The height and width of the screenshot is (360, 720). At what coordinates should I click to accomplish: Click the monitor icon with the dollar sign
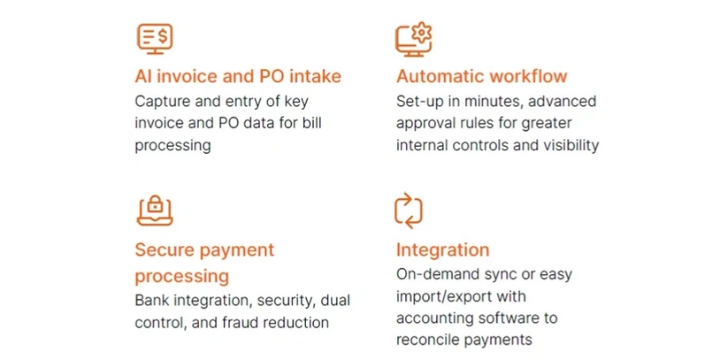point(155,39)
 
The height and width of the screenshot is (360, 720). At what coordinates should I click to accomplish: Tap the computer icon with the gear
point(414,40)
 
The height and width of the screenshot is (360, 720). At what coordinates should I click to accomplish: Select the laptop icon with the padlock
point(155,211)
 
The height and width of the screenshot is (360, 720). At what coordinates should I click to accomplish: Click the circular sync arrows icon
point(409,211)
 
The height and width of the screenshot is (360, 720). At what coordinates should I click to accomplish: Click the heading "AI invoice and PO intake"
point(238,76)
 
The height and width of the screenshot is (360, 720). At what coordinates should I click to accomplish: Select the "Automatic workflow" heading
point(482,76)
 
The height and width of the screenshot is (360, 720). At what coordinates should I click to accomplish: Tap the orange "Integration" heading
point(442,250)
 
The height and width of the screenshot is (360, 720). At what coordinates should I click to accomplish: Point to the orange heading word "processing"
point(182,277)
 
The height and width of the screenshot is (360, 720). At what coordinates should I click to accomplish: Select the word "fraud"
point(236,322)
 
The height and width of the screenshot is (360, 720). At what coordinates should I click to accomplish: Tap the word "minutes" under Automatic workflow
point(494,102)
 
